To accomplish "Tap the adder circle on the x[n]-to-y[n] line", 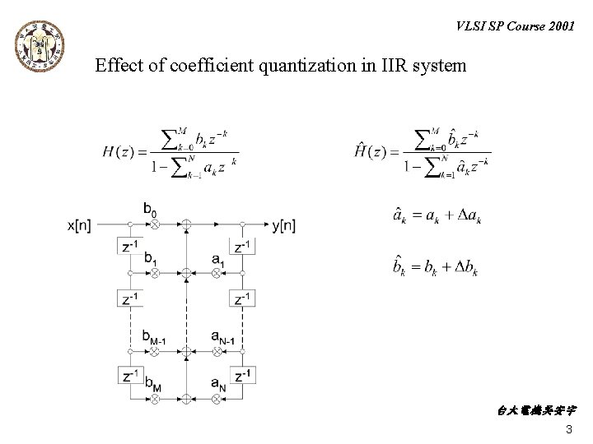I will point(186,224).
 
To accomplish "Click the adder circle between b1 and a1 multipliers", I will point(186,271).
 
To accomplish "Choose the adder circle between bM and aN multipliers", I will point(186,400).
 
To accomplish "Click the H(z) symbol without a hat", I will point(122,151).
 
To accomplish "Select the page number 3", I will point(569,430).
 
